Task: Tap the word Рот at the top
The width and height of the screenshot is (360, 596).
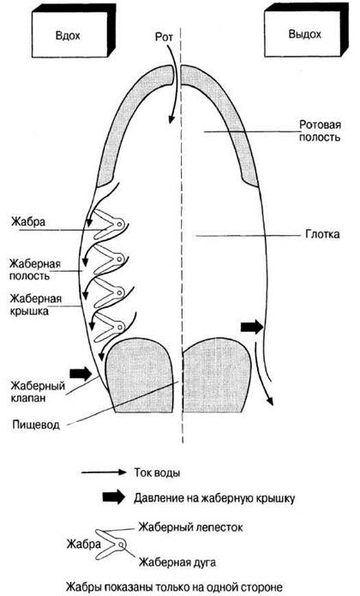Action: click(x=164, y=37)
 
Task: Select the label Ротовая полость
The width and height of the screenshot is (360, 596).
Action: click(x=320, y=130)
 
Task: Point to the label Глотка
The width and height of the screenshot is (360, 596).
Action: click(x=322, y=234)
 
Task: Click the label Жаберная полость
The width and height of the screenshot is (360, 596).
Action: click(x=35, y=269)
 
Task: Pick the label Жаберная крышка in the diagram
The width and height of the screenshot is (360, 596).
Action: click(x=36, y=304)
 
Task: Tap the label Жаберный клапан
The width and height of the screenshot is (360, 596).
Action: click(x=38, y=392)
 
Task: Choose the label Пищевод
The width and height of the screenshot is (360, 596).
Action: click(x=36, y=424)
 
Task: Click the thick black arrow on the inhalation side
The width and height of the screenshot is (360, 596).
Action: click(x=81, y=373)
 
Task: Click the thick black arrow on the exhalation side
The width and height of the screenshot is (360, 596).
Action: click(x=252, y=327)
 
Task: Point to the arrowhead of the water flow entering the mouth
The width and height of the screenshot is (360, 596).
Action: click(x=171, y=118)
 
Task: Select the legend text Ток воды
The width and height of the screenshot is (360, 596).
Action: click(x=157, y=473)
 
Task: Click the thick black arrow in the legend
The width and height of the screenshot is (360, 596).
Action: click(x=113, y=497)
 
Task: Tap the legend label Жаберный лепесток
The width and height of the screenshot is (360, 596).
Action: click(x=190, y=528)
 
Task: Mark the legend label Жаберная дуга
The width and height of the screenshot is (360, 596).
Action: click(x=177, y=562)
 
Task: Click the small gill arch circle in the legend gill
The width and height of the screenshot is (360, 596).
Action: click(x=121, y=545)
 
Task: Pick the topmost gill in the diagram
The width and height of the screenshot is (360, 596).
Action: click(x=110, y=225)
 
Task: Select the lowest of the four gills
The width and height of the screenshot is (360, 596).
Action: click(x=110, y=327)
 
